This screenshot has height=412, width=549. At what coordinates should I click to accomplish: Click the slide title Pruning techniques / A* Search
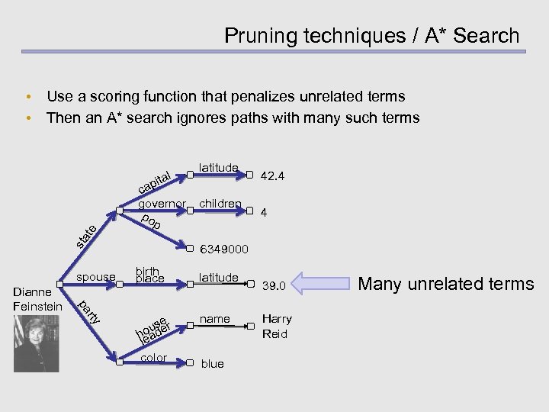tap(371, 35)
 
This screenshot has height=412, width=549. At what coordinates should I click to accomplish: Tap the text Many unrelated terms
tap(446, 284)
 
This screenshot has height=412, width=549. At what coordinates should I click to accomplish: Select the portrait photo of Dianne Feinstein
tap(36, 343)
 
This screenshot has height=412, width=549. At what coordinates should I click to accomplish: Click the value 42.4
tap(273, 176)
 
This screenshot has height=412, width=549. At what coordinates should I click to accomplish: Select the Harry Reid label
tap(276, 326)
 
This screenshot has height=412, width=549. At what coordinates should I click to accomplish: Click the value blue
tap(212, 364)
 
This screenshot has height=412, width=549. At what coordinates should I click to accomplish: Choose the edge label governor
tap(162, 204)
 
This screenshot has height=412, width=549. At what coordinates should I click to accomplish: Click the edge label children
tap(220, 204)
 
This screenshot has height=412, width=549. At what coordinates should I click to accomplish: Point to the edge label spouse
tap(96, 276)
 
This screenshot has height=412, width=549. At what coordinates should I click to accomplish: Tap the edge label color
tap(155, 357)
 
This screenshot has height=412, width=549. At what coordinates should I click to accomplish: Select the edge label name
tap(214, 318)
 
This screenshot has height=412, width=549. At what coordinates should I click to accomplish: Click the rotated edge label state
tap(85, 237)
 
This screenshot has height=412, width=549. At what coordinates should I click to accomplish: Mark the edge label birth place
tap(148, 275)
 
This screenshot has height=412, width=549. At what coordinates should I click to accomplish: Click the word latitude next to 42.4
tap(219, 167)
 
